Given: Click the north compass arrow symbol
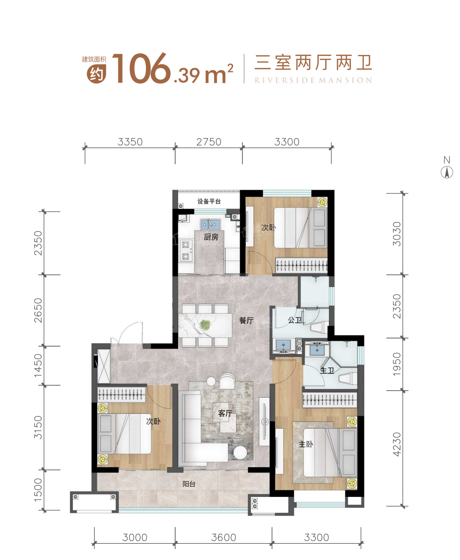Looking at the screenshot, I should (447, 172).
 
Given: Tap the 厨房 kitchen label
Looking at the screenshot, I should (211, 237).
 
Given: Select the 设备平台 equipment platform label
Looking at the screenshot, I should (209, 201).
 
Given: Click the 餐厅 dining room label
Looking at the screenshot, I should (246, 320).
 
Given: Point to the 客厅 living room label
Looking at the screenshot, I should (225, 413).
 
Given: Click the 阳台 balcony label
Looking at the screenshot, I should (189, 484).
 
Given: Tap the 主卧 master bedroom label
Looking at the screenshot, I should (306, 444).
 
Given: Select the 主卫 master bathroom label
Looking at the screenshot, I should (327, 370).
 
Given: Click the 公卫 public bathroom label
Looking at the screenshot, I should (295, 320).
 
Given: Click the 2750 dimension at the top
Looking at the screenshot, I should (209, 142).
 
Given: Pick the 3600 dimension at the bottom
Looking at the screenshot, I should (223, 537).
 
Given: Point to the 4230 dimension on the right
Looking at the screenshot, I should (397, 444).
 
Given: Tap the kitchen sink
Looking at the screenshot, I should (210, 224).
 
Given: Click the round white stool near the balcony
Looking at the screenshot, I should (240, 453).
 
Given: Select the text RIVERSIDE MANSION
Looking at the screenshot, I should (313, 80).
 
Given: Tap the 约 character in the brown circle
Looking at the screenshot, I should (96, 74).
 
